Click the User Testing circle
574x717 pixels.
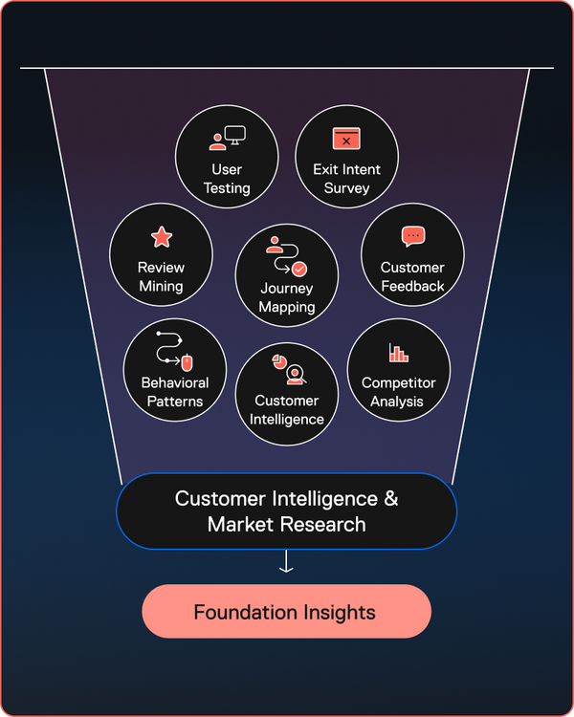(x=227, y=157)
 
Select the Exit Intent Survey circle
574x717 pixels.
(x=346, y=157)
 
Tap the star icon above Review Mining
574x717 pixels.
(x=161, y=236)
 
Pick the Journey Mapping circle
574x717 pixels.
(x=287, y=275)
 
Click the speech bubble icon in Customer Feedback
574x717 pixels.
(x=412, y=236)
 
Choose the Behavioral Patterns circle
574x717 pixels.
(x=175, y=371)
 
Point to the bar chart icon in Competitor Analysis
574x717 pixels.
(x=398, y=353)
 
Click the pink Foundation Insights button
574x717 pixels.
(x=286, y=611)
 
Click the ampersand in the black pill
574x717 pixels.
(x=390, y=499)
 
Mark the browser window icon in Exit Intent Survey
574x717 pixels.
(x=345, y=139)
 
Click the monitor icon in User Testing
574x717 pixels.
(x=235, y=136)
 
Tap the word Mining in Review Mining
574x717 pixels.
(x=161, y=286)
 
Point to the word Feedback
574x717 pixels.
(x=412, y=286)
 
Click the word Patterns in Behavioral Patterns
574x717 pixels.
(x=175, y=402)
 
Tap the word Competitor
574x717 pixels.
(x=398, y=383)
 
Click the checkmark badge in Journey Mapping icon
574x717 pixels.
(x=299, y=269)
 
